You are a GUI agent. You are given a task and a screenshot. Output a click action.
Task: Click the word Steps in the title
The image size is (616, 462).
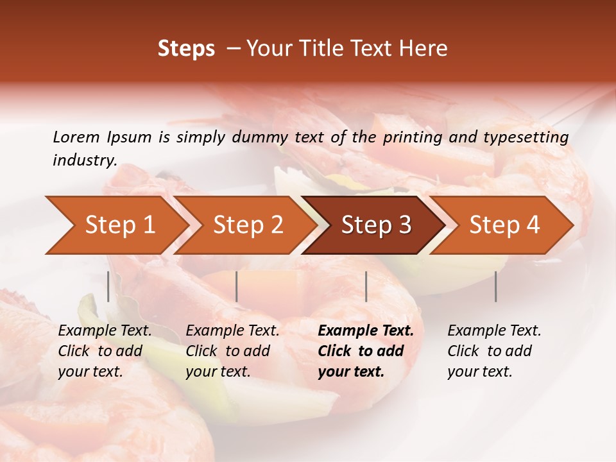point(186,49)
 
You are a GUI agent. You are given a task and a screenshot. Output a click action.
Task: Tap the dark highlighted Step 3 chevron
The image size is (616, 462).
point(376,225)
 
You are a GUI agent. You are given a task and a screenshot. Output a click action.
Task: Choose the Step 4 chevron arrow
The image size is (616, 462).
point(504,225)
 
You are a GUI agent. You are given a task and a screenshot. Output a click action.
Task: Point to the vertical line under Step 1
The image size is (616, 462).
point(108,286)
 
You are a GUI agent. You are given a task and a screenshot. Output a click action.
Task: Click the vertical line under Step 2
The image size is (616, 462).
point(237,286)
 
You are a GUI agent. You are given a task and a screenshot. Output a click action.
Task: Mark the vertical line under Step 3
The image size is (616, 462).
point(366,286)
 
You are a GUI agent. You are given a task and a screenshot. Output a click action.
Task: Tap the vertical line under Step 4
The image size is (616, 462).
point(496,286)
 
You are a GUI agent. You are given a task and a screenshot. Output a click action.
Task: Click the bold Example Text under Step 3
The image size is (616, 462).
point(366,331)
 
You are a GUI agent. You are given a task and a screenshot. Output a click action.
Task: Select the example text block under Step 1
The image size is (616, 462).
point(105,351)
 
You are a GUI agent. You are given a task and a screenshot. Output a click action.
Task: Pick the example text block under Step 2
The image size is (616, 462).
point(232,351)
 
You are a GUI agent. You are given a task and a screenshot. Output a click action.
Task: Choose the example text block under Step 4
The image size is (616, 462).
point(494,351)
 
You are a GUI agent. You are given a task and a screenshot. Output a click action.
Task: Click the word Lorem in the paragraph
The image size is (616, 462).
point(76,137)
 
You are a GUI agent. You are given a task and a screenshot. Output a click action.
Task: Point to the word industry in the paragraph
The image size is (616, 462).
point(85,160)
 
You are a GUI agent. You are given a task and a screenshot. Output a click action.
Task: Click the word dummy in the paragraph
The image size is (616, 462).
point(263,137)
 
